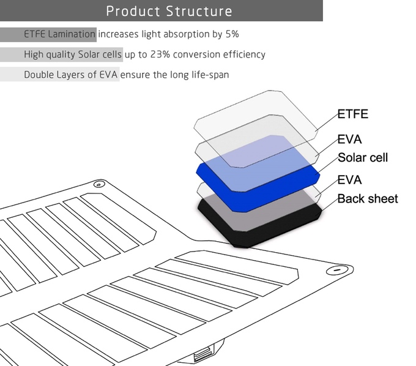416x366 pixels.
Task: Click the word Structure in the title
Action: tap(199, 11)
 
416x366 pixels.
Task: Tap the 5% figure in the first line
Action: tap(232, 34)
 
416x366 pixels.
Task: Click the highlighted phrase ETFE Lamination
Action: tap(59, 34)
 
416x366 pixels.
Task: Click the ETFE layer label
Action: tap(353, 114)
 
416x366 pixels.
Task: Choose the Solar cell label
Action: tap(363, 158)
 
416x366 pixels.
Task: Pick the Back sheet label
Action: tap(368, 199)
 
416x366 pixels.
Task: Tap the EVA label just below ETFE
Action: tap(349, 140)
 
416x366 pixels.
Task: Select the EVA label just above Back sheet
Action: tap(349, 180)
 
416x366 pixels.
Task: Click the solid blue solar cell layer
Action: tap(254, 199)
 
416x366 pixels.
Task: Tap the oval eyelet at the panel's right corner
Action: tap(337, 270)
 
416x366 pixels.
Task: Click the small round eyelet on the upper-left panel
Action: tap(99, 184)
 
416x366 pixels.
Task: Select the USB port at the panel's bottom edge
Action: tap(204, 354)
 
